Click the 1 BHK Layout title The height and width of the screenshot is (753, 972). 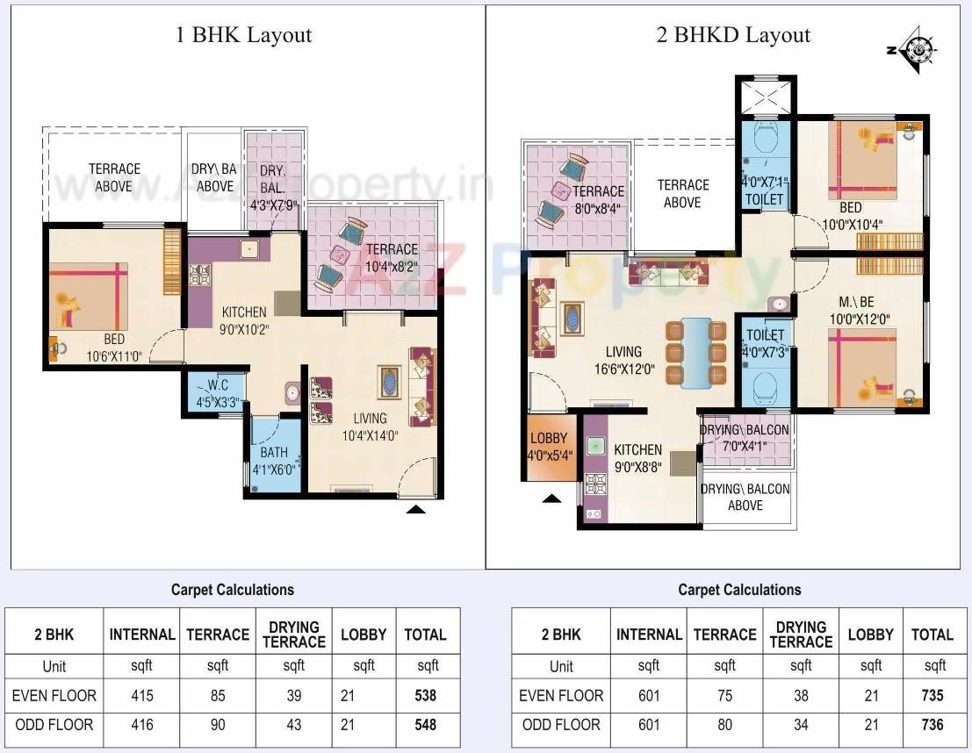(244, 35)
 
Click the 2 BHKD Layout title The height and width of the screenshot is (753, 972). (733, 35)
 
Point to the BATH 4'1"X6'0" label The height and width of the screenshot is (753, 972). (274, 460)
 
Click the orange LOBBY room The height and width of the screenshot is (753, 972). (549, 446)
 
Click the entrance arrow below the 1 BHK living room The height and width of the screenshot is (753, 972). (416, 507)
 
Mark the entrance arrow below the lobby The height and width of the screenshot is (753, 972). (551, 498)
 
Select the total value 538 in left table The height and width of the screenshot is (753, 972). (425, 696)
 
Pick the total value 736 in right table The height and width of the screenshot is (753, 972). (932, 725)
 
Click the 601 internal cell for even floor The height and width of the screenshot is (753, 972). (649, 696)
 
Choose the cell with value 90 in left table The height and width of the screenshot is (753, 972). (218, 725)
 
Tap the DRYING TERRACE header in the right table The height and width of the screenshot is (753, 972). (801, 635)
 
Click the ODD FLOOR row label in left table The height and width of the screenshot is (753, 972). (53, 725)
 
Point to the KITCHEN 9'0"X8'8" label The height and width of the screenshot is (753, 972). (637, 458)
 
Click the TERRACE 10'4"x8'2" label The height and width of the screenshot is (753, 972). (392, 256)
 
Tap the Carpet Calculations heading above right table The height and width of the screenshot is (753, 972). (739, 590)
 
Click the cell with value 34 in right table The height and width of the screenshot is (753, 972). (801, 725)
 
